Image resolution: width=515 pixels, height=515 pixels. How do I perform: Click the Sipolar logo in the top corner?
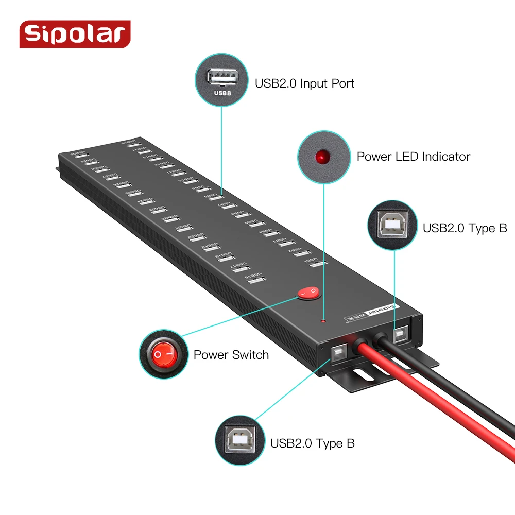(x=75, y=34)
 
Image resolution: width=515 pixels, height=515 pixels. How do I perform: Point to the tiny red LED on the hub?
(x=323, y=321)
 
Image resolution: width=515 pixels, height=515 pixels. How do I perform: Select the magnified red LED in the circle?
(x=323, y=156)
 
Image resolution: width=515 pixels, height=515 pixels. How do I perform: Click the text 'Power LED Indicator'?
(x=413, y=157)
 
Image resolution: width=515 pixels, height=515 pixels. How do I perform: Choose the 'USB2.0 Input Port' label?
(x=304, y=83)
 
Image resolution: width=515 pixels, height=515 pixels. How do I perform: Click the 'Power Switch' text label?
(x=231, y=355)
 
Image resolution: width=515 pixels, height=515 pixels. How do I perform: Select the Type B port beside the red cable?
(x=338, y=353)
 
